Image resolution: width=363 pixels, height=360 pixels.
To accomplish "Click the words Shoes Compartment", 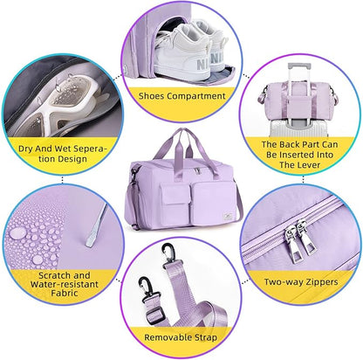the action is [x=181, y=96].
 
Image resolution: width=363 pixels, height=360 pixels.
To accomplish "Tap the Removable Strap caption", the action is [x=181, y=337].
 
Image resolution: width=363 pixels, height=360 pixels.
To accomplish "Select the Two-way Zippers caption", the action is [x=301, y=282].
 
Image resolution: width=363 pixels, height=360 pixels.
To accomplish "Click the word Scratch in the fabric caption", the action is [x=54, y=275].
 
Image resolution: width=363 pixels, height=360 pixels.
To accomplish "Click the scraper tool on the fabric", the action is [x=97, y=225].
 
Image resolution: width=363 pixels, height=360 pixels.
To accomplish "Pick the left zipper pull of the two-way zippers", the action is [x=291, y=242].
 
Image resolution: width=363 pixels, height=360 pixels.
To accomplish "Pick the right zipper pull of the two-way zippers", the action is [x=305, y=238].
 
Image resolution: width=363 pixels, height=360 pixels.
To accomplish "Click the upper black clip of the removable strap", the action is [x=169, y=253].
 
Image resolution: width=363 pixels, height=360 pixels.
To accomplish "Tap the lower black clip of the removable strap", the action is [x=147, y=287].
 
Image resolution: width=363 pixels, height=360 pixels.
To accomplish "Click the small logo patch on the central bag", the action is [x=228, y=217].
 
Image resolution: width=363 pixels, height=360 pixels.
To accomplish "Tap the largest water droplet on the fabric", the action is [x=17, y=232].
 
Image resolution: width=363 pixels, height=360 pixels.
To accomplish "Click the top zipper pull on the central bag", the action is [x=198, y=171].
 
